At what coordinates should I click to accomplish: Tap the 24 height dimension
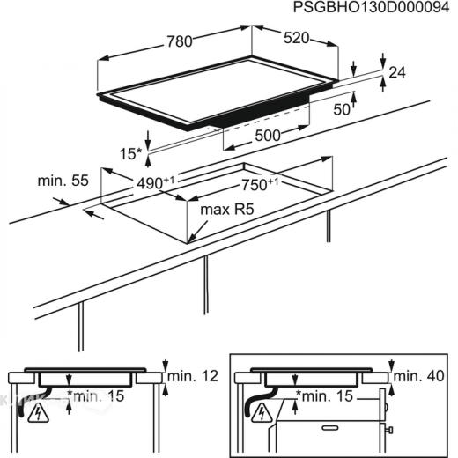[396, 74]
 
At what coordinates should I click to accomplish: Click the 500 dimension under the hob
[267, 136]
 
